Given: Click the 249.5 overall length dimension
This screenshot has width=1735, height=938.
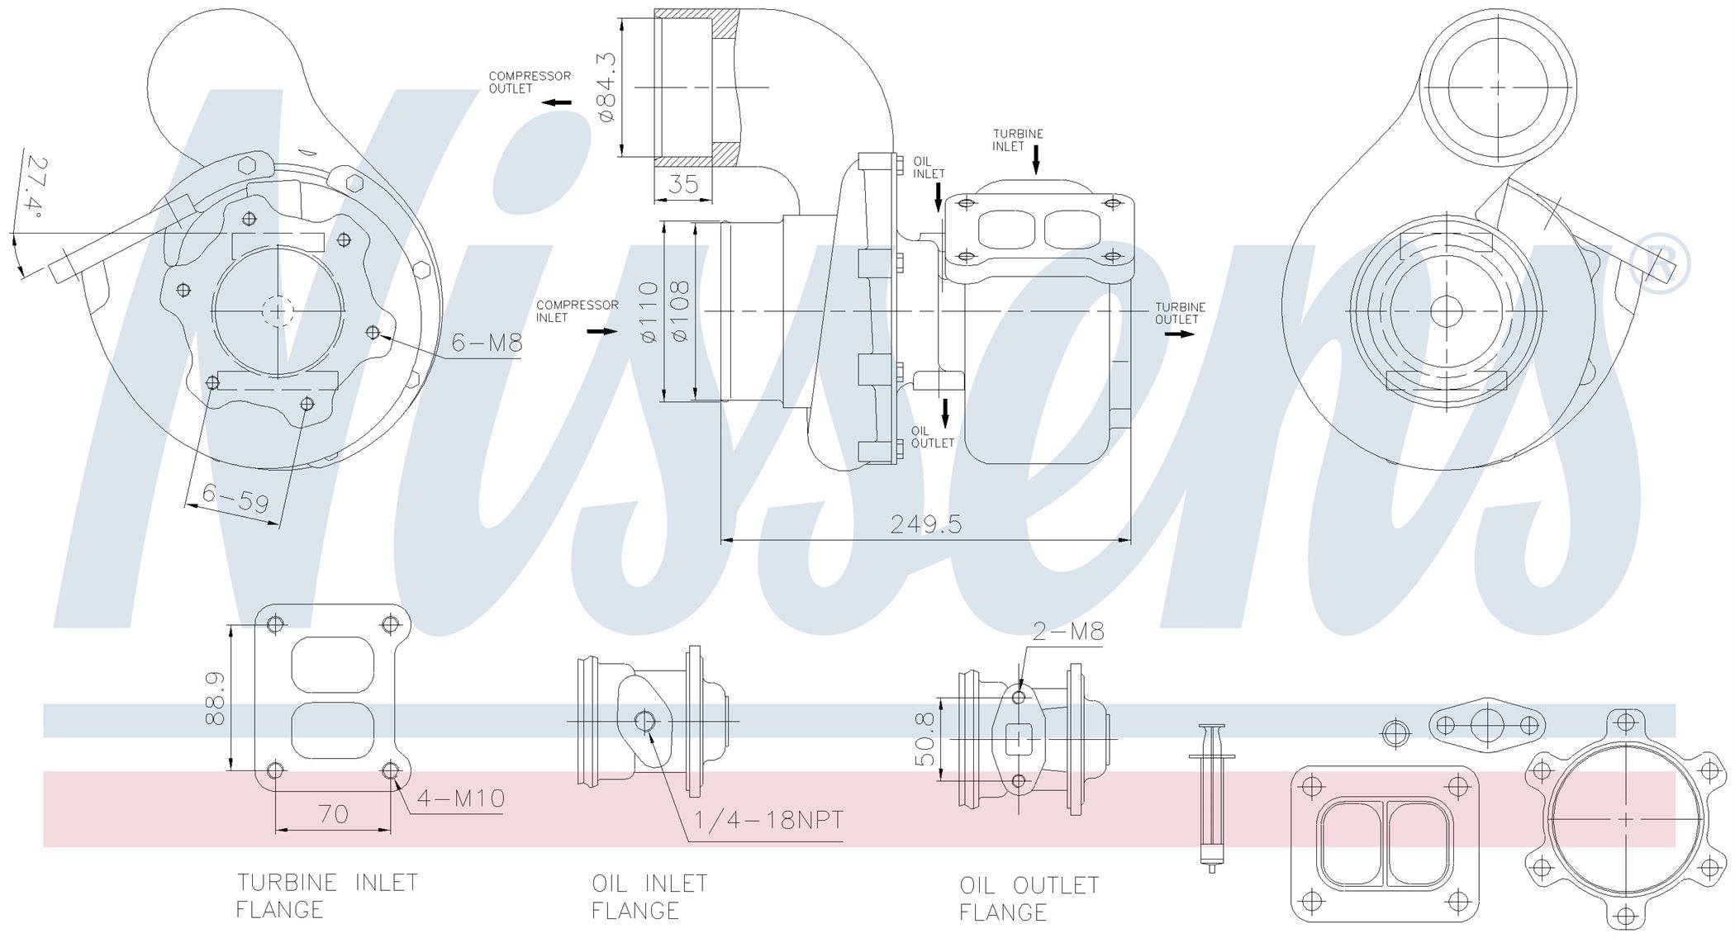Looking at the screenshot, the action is pos(926,524).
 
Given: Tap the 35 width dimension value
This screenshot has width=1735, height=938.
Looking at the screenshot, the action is pos(683,183).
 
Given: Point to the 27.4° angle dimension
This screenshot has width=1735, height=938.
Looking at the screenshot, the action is pos(33,184).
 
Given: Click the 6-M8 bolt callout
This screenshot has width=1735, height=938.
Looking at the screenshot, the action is pos(487,343).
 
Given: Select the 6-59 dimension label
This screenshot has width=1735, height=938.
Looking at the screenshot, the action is pos(235,498).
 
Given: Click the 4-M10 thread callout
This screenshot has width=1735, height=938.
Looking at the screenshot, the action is pos(460,798).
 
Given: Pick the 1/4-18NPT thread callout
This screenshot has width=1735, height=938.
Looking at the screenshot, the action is pos(768,820).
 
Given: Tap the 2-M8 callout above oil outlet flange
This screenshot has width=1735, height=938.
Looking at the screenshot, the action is pos(1068,632).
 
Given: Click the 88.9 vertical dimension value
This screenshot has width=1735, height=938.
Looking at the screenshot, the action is pos(215,698).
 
